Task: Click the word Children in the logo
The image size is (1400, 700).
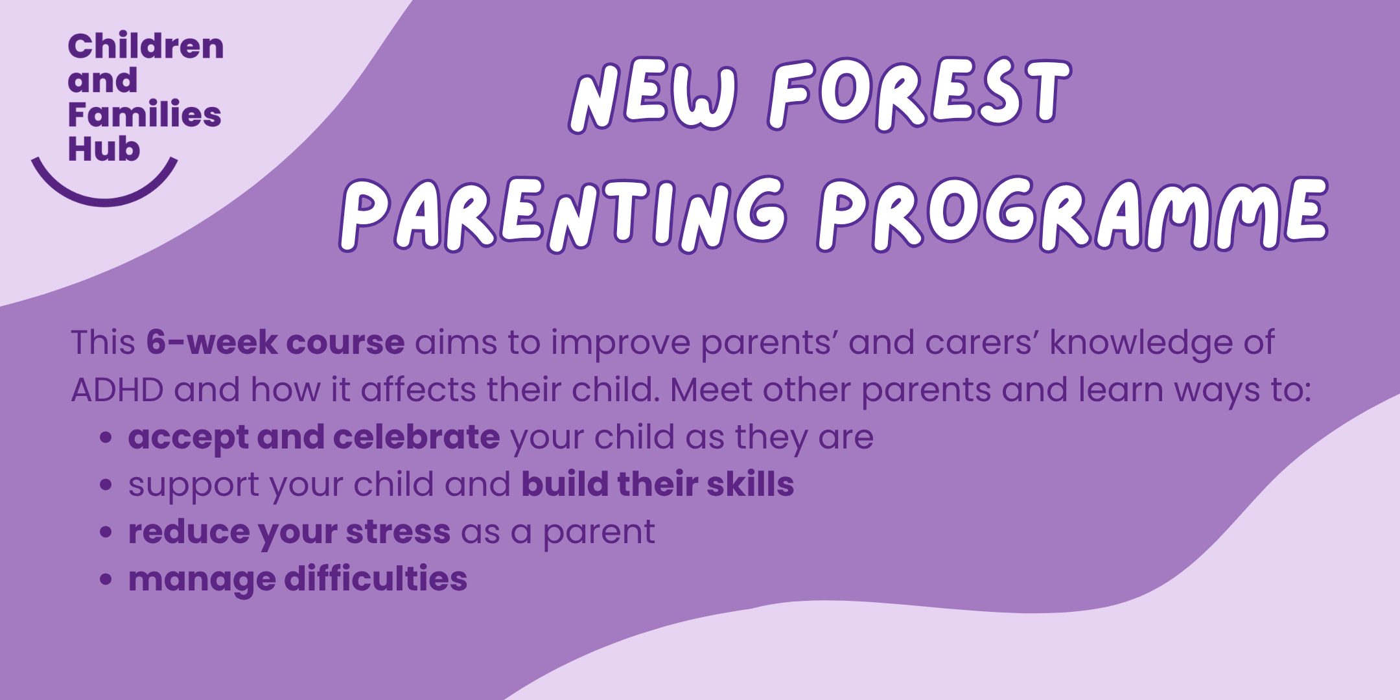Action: coord(145,47)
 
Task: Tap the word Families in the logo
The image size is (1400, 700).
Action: coord(144,115)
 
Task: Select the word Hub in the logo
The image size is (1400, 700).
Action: coord(104,149)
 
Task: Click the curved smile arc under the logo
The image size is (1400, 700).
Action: coord(104,195)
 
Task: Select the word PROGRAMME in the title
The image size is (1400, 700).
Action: coord(1072,214)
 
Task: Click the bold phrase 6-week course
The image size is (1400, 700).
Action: coord(275,342)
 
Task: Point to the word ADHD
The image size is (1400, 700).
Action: coord(117,390)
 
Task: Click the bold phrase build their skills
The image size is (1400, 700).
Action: coord(657,484)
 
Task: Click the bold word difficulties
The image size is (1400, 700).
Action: coord(375,579)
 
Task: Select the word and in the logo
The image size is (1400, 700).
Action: coord(102,80)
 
